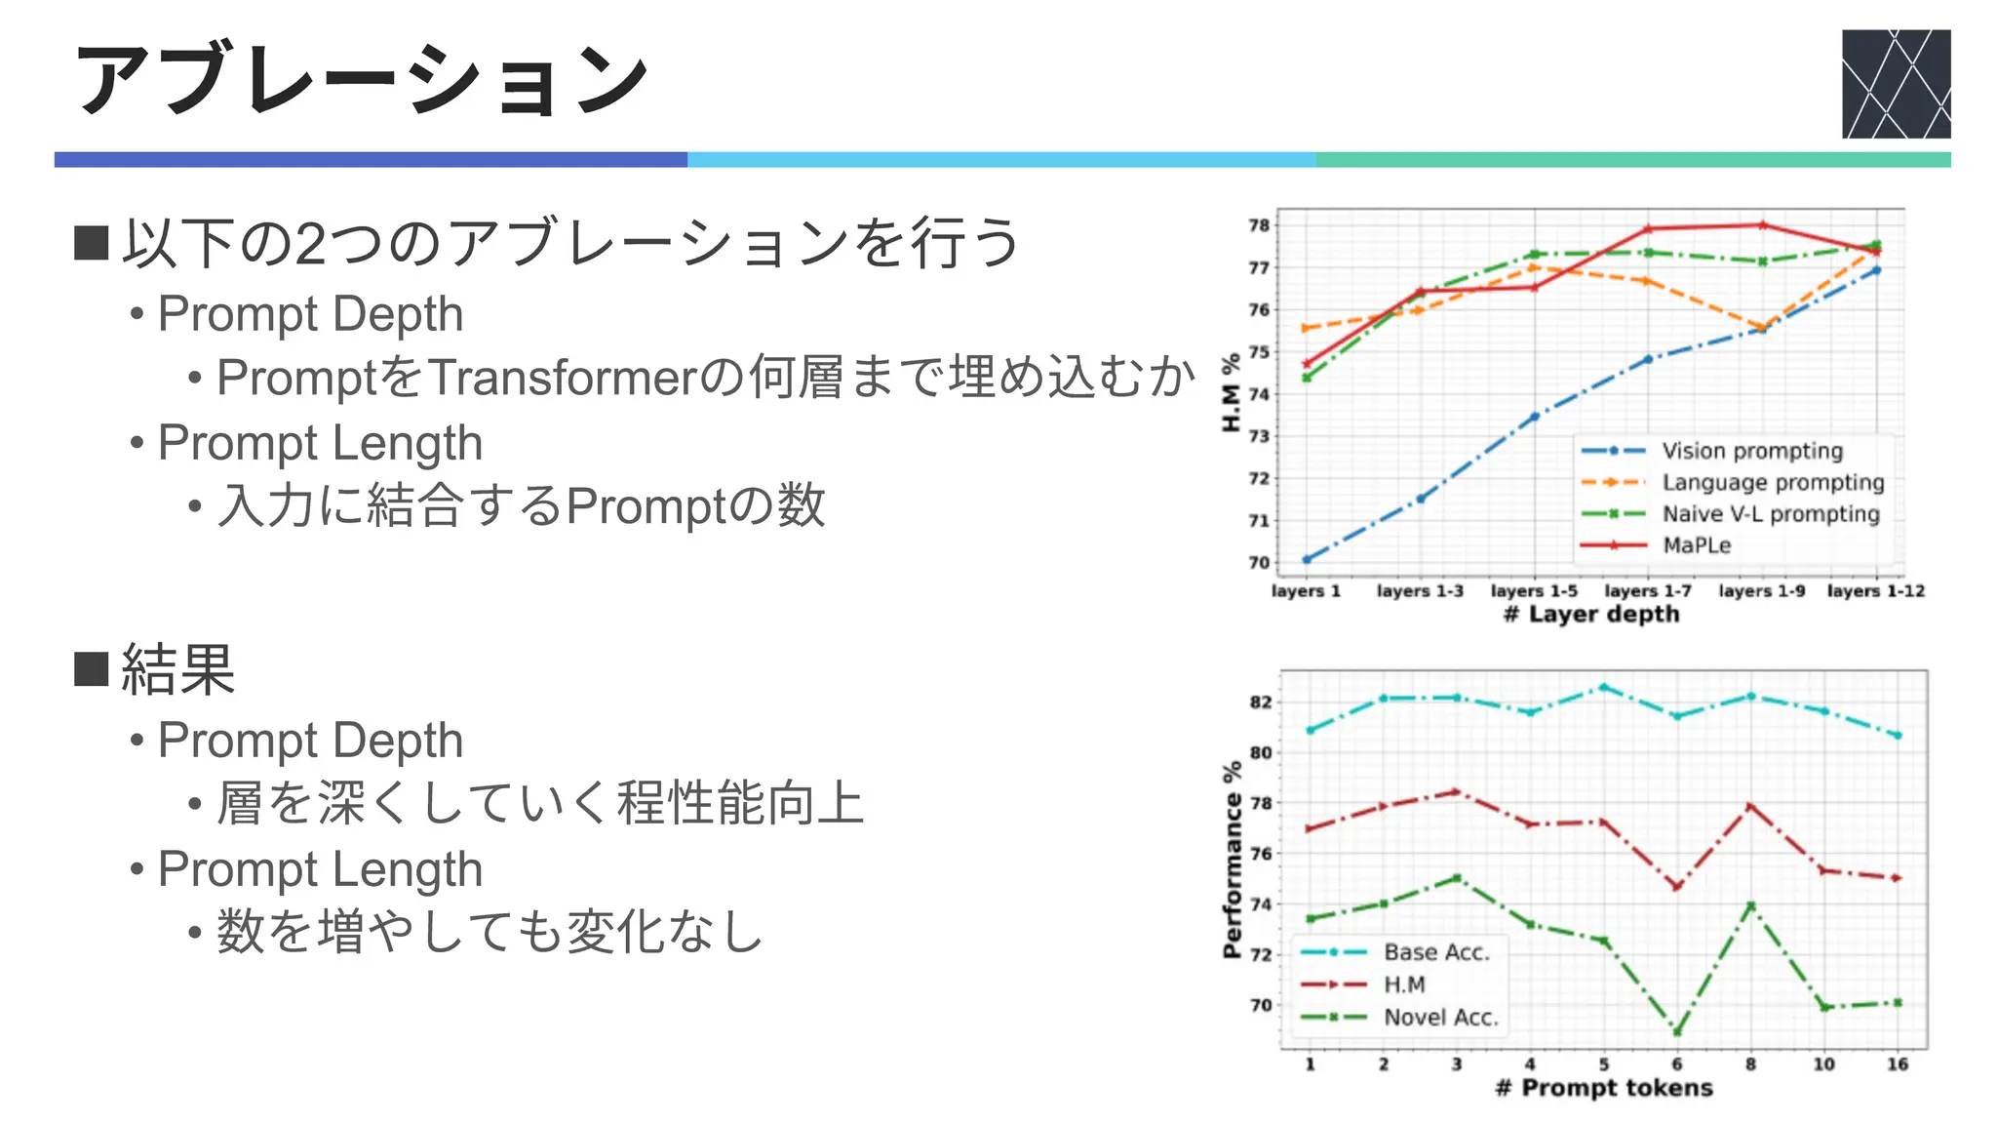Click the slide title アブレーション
(361, 80)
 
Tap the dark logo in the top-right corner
(1896, 84)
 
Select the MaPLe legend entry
(1697, 545)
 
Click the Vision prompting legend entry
(1752, 451)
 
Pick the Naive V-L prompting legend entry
(1770, 514)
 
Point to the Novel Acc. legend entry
(1440, 1018)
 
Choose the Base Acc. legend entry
(1436, 952)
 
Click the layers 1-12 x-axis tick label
(1875, 591)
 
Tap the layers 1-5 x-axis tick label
(1534, 591)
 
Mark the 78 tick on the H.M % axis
(1259, 225)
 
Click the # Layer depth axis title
(1591, 615)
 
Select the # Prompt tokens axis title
(1604, 1088)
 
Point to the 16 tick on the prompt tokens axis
(1897, 1064)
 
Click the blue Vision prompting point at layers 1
(1307, 560)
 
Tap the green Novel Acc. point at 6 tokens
(1677, 1032)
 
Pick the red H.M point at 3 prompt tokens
(1457, 792)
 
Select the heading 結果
(177, 670)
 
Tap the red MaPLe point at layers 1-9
(1762, 225)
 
